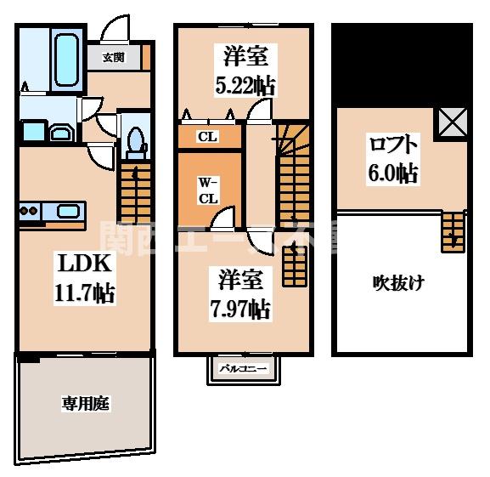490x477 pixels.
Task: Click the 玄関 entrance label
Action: (114, 58)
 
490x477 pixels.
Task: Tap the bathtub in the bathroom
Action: (65, 56)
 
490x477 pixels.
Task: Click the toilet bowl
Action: (134, 140)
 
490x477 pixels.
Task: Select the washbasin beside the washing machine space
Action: (62, 133)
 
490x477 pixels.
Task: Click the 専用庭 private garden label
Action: (85, 404)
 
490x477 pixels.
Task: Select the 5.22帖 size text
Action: (246, 86)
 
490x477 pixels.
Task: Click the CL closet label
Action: (206, 136)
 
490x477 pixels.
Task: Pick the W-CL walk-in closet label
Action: (209, 190)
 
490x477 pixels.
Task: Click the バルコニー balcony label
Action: (244, 369)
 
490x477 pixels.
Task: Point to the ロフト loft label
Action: (391, 142)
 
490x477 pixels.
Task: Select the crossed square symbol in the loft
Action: (451, 125)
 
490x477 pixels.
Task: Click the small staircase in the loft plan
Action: (453, 230)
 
